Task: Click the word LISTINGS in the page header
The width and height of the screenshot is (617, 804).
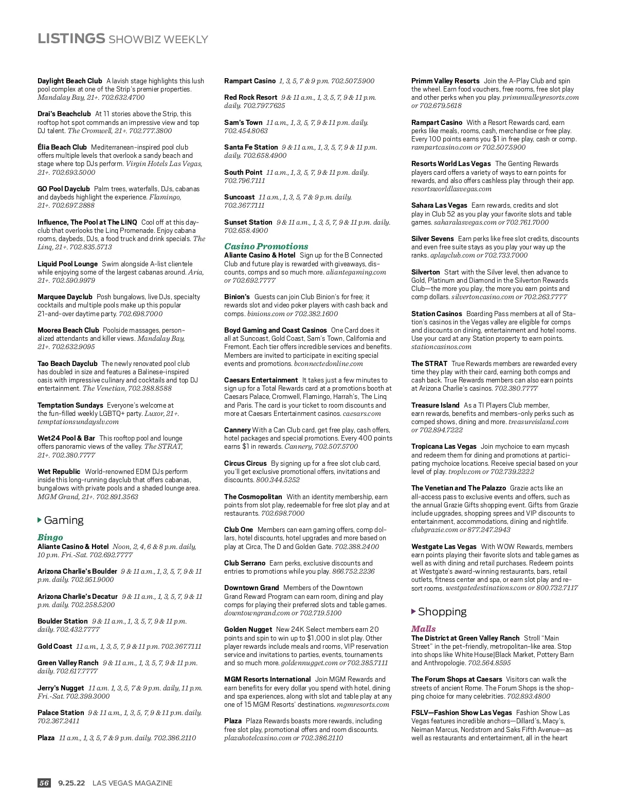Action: coord(71,39)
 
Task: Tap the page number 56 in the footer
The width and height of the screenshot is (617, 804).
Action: coord(44,783)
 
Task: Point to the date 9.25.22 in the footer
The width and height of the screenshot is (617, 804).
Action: coord(71,783)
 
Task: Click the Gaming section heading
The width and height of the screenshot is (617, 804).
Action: coord(64,520)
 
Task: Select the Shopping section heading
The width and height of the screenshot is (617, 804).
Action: coord(442,612)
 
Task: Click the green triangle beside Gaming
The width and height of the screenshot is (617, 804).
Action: coord(40,520)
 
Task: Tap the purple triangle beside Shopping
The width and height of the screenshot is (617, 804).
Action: coord(413,611)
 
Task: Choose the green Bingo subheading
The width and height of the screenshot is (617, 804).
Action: coord(50,537)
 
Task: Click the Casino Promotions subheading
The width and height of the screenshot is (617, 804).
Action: coord(266,246)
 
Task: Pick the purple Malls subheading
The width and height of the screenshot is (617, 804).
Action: coord(423,629)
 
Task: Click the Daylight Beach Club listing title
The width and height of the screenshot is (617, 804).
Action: coord(70,81)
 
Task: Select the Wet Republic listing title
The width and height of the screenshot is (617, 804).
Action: coord(59,471)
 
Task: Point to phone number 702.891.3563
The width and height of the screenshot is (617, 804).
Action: coord(117,497)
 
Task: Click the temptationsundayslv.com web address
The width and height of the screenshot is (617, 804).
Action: coord(78,422)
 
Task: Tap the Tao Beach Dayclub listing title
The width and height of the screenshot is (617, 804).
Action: coord(67,363)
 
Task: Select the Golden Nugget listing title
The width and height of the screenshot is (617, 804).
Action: coord(248,629)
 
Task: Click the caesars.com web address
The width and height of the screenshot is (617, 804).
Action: coord(362,413)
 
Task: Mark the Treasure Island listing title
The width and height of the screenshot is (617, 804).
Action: coord(435,405)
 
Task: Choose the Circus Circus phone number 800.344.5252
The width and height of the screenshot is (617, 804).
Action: coord(278,480)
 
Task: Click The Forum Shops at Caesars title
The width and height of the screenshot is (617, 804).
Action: coord(457,679)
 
